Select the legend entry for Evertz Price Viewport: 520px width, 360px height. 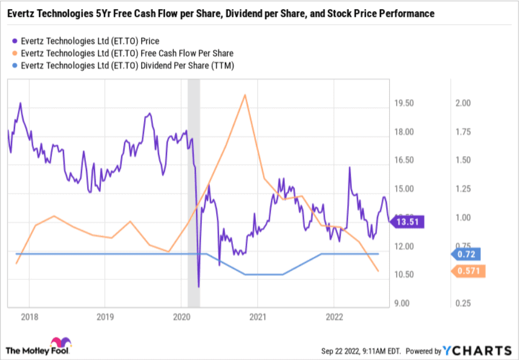[x=89, y=41]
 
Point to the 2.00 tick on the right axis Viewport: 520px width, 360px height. [x=464, y=103]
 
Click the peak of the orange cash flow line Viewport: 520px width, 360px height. [x=245, y=94]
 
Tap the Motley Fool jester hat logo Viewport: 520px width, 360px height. [x=61, y=343]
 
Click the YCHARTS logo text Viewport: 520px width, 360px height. [x=478, y=350]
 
